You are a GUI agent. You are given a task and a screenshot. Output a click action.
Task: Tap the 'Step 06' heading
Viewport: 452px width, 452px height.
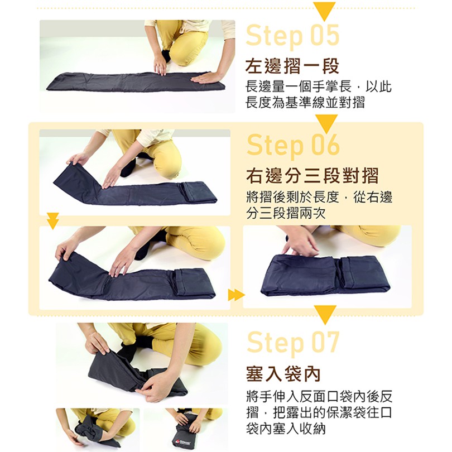(x=293, y=146)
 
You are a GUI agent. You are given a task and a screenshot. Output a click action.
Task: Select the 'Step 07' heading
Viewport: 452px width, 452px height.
(x=293, y=343)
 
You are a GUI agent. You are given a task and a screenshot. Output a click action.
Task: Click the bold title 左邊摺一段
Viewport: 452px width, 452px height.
(x=292, y=66)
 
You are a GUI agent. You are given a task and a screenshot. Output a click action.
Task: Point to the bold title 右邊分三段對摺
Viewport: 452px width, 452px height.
(x=312, y=176)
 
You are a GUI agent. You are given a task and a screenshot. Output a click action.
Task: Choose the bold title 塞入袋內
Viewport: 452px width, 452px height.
(x=283, y=374)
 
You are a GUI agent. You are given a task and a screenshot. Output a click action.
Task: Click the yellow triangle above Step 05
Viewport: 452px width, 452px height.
(x=324, y=11)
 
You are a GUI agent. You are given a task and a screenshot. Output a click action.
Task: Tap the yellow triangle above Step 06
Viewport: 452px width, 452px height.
(x=326, y=124)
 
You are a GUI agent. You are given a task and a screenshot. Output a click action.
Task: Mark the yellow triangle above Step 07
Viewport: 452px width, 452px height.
(x=325, y=315)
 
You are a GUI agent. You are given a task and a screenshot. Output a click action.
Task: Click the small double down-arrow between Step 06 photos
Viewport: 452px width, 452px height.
(x=53, y=221)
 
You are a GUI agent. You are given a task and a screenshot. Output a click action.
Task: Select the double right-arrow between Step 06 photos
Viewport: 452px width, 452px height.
(x=237, y=295)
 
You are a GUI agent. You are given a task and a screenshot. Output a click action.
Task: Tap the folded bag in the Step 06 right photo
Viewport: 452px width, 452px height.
(x=325, y=275)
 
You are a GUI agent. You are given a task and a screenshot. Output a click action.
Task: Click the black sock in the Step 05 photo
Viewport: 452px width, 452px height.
(x=166, y=56)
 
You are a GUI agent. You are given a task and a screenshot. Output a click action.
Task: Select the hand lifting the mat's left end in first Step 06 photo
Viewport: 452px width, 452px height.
(x=77, y=158)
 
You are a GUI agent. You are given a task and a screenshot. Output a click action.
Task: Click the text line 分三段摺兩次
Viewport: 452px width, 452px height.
(x=286, y=213)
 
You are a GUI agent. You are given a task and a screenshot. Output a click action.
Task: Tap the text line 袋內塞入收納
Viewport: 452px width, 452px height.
(x=286, y=429)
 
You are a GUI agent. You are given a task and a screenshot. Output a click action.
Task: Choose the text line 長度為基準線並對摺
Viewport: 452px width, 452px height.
(x=306, y=102)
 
